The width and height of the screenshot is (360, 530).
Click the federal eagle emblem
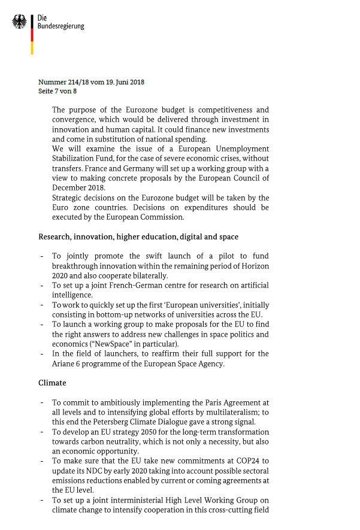tap(20, 22)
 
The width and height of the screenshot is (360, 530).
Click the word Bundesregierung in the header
tap(60, 26)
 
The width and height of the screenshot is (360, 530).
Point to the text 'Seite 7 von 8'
tap(58, 91)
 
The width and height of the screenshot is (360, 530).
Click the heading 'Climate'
tap(52, 382)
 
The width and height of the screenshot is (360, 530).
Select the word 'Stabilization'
tap(77, 159)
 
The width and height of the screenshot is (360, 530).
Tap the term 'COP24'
tap(235, 460)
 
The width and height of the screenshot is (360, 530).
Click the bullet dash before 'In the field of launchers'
tap(41, 354)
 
